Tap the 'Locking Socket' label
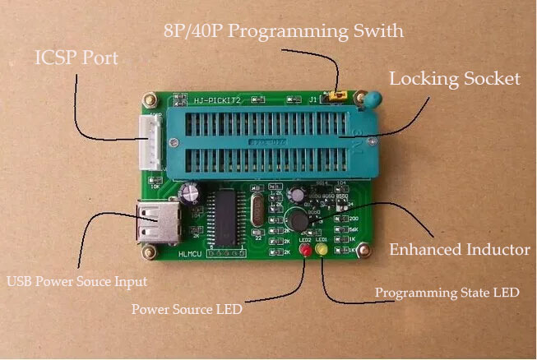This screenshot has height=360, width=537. point(455,80)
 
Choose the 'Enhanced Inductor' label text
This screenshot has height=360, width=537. point(459,250)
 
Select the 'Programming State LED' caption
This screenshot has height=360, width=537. point(447,293)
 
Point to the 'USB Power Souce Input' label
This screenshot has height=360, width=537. point(76,281)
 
